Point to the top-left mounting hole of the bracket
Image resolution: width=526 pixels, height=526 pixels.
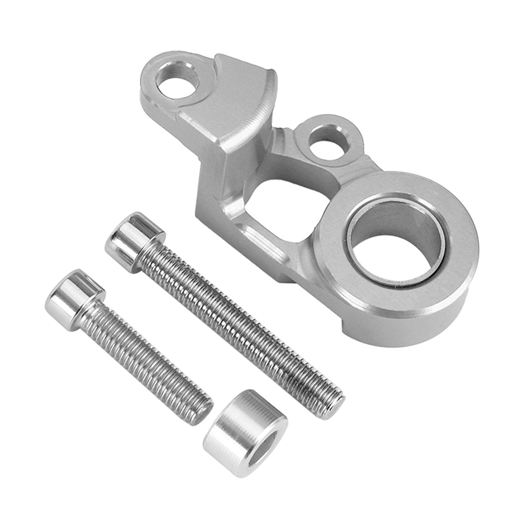pos(178,84)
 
